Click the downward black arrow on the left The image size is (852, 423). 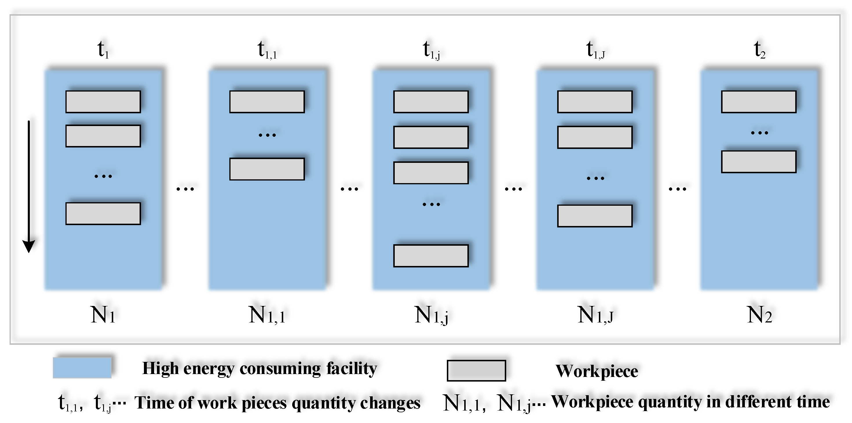(x=29, y=187)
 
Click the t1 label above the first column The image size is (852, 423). (x=103, y=50)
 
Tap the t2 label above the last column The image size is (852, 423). (x=759, y=50)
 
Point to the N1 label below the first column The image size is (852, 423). (x=103, y=314)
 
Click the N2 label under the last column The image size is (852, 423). (x=759, y=314)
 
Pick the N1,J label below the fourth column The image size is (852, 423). (x=595, y=314)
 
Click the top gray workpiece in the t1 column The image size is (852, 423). (x=103, y=102)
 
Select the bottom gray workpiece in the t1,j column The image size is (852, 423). (x=431, y=256)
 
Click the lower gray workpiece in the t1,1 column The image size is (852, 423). (x=267, y=169)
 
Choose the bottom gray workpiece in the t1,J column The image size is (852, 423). (x=595, y=216)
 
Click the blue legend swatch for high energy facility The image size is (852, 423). (x=82, y=367)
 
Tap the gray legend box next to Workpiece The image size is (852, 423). (x=476, y=371)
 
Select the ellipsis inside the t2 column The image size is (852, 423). (x=759, y=133)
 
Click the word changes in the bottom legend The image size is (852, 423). (x=390, y=403)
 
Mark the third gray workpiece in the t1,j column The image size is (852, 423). (x=431, y=173)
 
